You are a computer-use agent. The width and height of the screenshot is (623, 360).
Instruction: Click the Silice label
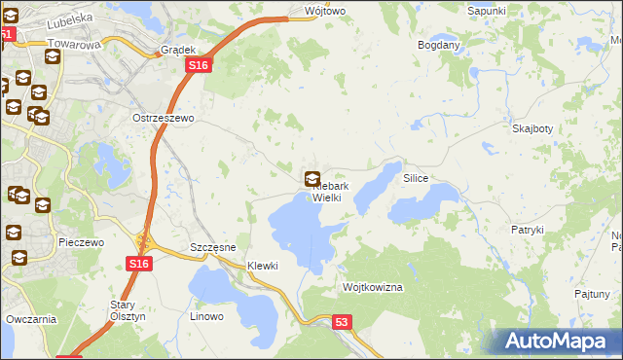tap(416, 179)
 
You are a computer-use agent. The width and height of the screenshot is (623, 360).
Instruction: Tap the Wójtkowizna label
tap(373, 288)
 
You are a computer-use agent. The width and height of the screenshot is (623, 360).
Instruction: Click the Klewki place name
tap(263, 266)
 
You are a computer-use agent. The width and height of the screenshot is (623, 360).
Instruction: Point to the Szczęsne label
tap(214, 247)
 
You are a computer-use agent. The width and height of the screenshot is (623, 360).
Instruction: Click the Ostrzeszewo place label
tap(164, 118)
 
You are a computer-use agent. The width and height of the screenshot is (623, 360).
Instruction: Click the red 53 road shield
tap(341, 322)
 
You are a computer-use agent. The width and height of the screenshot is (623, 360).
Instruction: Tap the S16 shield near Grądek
tap(198, 64)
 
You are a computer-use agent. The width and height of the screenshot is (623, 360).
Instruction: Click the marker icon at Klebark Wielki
tap(313, 179)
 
